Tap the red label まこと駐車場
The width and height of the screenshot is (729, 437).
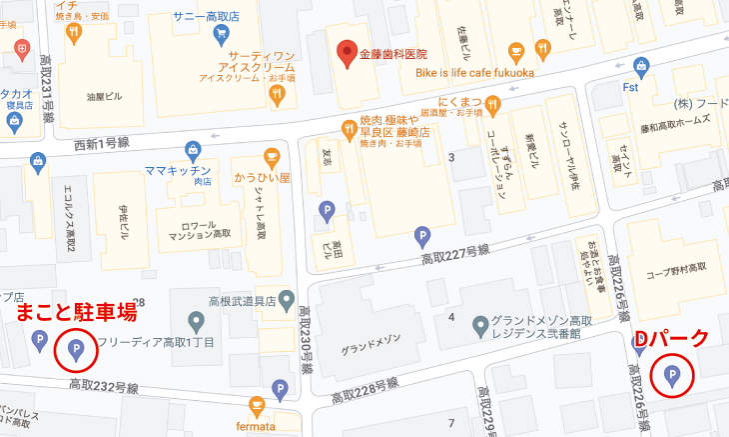pyautogui.click(x=76, y=314)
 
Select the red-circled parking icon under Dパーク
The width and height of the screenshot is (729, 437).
pyautogui.click(x=671, y=376)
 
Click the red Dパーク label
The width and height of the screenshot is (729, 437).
pyautogui.click(x=672, y=338)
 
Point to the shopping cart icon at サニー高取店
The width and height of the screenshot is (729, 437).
pyautogui.click(x=222, y=33)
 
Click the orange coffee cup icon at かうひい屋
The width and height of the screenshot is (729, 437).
pyautogui.click(x=271, y=157)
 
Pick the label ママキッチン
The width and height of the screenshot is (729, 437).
pyautogui.click(x=177, y=169)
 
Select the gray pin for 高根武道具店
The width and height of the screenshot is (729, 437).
pyautogui.click(x=287, y=298)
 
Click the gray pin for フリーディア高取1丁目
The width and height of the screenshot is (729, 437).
pyautogui.click(x=196, y=322)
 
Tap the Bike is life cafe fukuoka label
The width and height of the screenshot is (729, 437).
pyautogui.click(x=475, y=74)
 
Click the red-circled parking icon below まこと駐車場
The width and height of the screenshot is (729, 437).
pyautogui.click(x=76, y=350)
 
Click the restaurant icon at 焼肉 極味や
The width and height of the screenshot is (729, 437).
pyautogui.click(x=348, y=128)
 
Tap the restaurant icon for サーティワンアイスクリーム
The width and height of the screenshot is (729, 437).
pyautogui.click(x=277, y=95)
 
